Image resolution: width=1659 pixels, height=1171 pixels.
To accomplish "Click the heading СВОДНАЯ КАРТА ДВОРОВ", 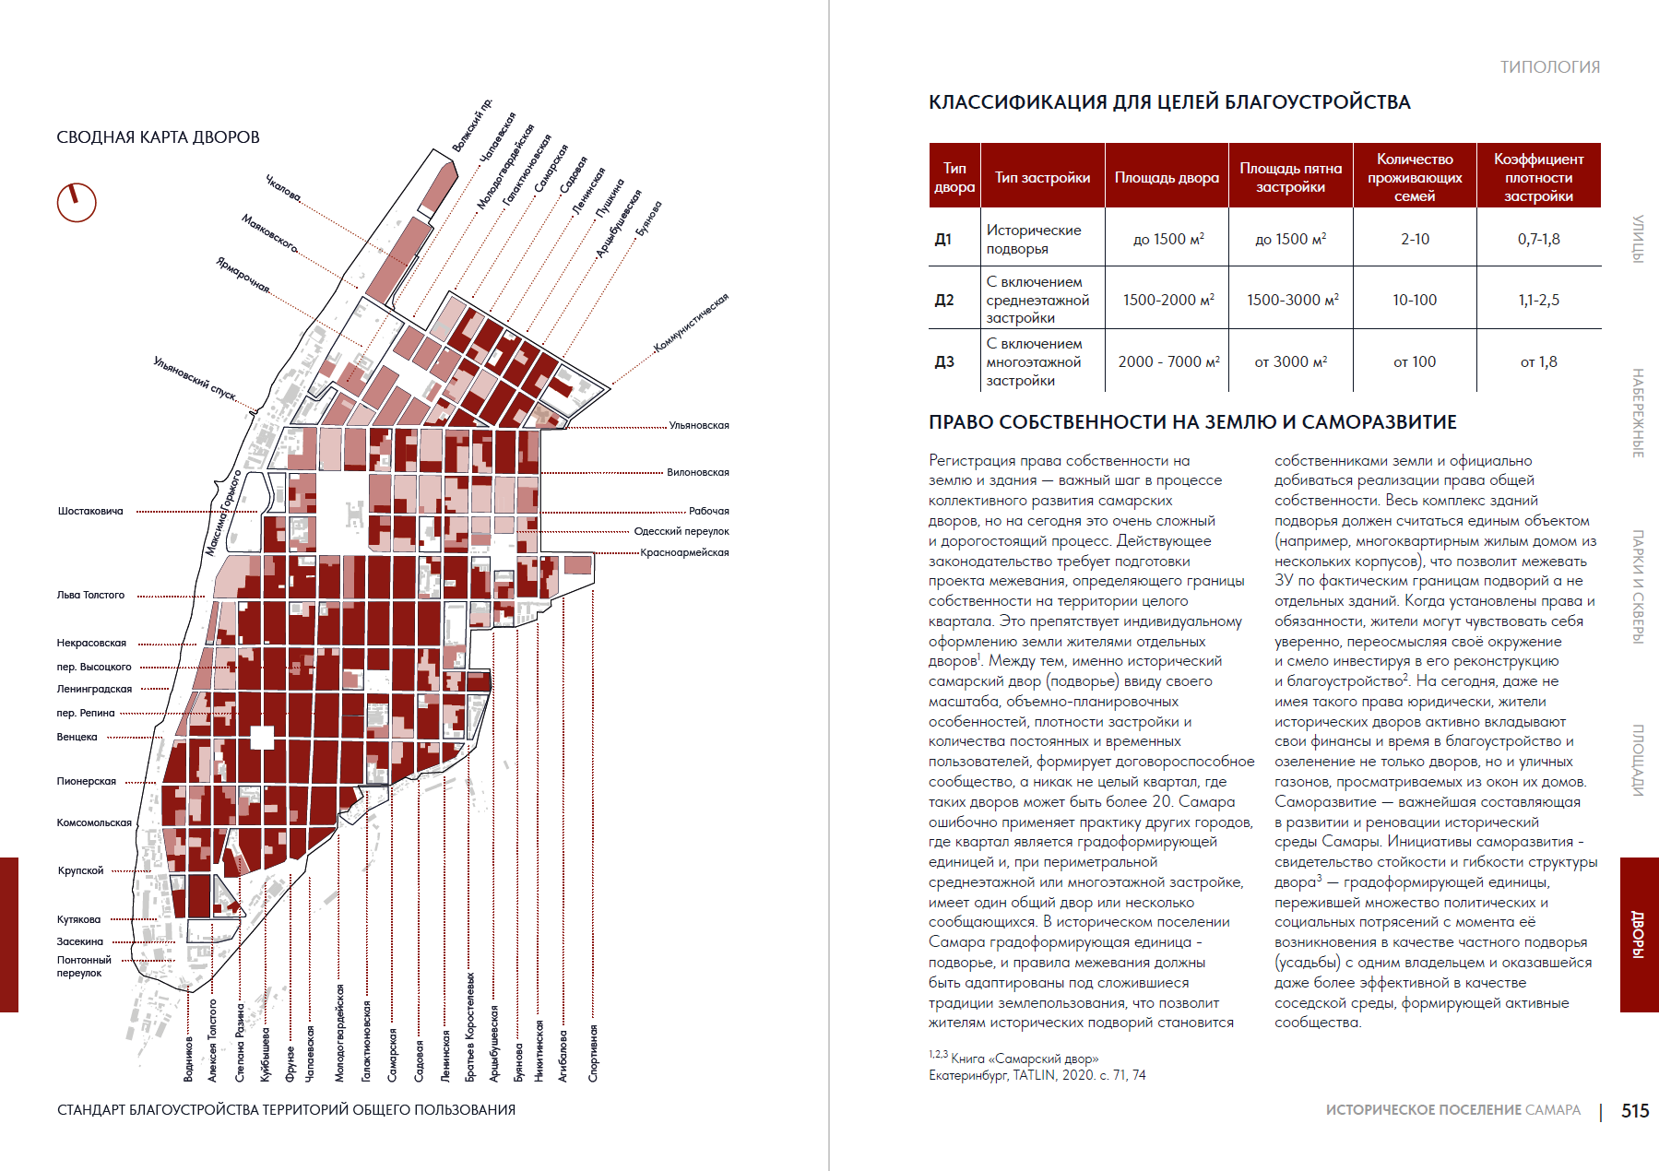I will click(158, 137).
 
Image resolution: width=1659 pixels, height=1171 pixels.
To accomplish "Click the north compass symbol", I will click(77, 202).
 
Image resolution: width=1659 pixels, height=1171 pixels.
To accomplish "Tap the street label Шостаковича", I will click(90, 511).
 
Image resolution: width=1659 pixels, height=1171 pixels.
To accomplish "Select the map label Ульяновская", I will click(699, 425).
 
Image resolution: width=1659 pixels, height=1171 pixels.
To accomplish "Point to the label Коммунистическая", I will click(692, 323).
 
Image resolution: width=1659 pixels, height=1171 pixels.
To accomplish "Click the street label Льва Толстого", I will click(90, 595).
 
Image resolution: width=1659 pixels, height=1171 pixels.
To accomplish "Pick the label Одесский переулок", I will click(681, 531).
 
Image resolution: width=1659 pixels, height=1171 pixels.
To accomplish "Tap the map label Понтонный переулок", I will click(84, 966).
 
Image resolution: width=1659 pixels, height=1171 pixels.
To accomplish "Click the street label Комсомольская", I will click(94, 822).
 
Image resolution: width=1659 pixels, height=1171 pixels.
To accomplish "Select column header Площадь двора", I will click(1167, 177).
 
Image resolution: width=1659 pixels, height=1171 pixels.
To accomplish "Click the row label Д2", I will click(944, 300).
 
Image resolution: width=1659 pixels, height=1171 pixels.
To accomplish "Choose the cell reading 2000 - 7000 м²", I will click(1168, 361).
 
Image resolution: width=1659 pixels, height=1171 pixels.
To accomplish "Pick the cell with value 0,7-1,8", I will click(1538, 239).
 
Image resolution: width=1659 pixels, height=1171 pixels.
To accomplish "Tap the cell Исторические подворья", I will click(1034, 239).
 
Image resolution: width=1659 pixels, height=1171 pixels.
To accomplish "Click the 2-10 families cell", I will click(1415, 239).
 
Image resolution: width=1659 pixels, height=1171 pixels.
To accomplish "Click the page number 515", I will click(1635, 1111).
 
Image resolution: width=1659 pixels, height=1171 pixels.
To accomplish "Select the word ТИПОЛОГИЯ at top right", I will click(1549, 67).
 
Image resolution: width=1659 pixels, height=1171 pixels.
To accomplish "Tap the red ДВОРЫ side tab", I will click(1639, 934).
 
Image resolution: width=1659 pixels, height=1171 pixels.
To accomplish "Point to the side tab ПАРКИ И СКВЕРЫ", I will click(1639, 586).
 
